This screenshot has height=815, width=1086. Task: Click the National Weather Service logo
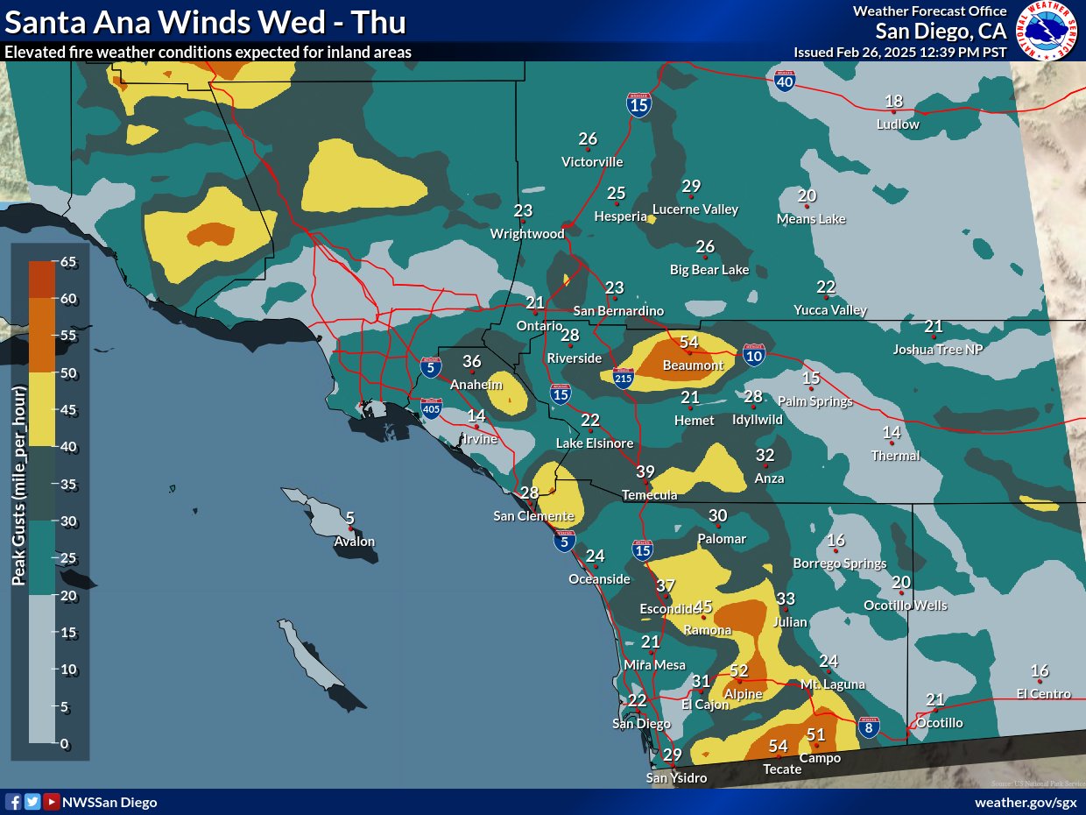point(1047,31)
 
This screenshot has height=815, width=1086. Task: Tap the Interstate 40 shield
point(785,82)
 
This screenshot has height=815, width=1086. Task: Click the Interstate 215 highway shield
point(623,377)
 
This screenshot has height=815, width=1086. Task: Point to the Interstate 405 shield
point(432,407)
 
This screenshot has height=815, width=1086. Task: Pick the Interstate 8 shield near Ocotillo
point(868,727)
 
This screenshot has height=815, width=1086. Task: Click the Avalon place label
point(354,542)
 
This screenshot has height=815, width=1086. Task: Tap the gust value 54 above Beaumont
point(689,343)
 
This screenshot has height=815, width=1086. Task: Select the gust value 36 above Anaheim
point(472,362)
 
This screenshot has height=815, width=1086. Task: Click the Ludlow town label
point(898,124)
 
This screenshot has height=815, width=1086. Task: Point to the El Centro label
point(1043,694)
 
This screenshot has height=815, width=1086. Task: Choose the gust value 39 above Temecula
point(645,472)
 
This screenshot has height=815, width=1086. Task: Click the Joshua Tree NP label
point(932,349)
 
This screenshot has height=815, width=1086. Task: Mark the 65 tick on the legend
point(67,261)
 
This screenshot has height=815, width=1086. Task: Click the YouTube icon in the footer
point(52,802)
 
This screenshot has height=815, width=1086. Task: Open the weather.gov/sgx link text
point(1025,802)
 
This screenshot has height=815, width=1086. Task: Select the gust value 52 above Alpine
point(739,670)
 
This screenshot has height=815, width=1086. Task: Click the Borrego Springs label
point(839,563)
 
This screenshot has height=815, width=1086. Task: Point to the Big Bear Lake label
point(709,270)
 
